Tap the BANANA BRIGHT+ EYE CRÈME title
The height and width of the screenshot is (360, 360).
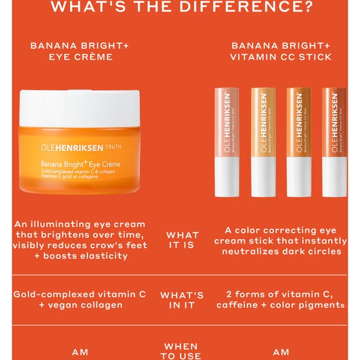pyautogui.click(x=71, y=51)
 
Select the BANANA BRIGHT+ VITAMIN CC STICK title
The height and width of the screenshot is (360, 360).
pyautogui.click(x=281, y=51)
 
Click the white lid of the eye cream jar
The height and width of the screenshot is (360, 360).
pyautogui.click(x=79, y=107)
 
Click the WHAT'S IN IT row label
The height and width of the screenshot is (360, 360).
pyautogui.click(x=182, y=300)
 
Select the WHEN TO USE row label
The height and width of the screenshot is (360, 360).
pyautogui.click(x=183, y=351)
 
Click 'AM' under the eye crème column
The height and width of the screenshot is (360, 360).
pyautogui.click(x=80, y=352)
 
